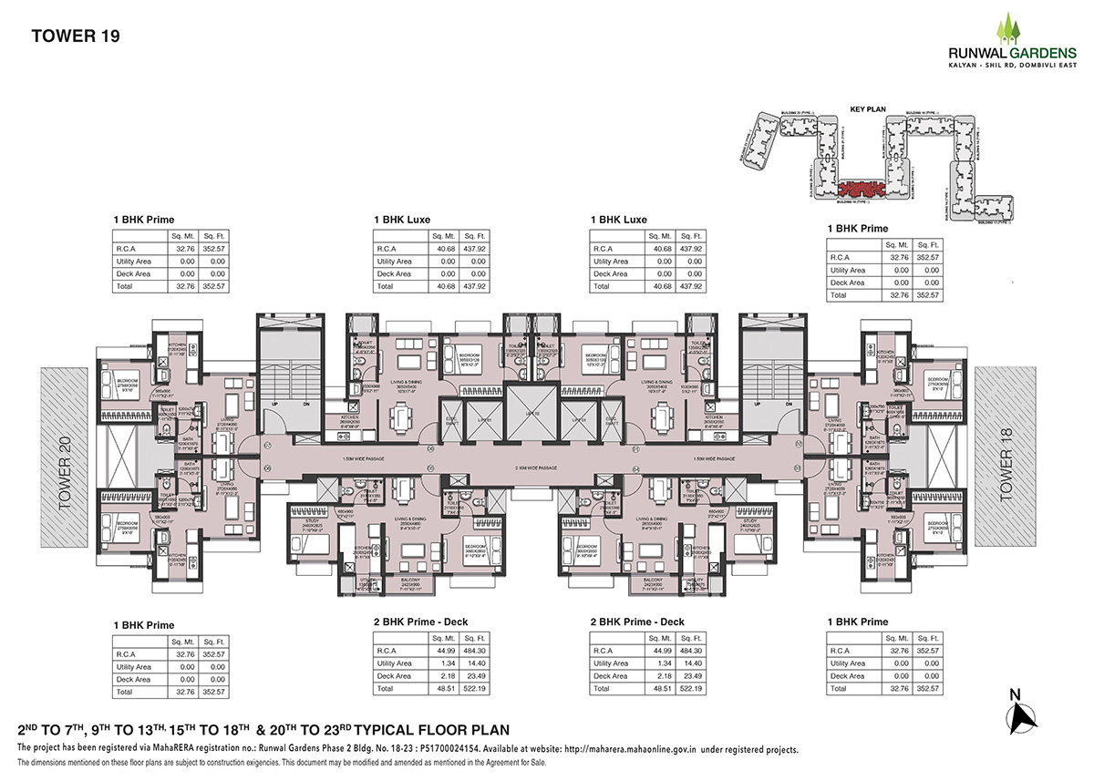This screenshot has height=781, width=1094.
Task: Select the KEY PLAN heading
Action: tap(868, 108)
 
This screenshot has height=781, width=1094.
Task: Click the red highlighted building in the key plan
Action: tap(856, 189)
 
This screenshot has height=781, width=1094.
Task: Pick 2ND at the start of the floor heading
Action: tap(33, 730)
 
